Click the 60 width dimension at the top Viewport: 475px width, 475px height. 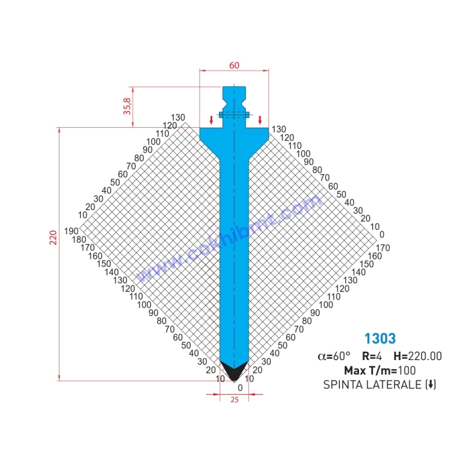234,65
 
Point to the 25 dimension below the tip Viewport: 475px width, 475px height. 234,400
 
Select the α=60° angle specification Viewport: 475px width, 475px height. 334,356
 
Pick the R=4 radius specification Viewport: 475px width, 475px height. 372,356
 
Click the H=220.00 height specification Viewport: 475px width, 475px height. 418,356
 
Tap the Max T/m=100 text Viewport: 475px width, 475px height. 379,370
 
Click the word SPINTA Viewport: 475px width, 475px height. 343,384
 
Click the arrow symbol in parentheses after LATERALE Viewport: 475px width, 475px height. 431,384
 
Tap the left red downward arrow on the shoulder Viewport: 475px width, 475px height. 211,120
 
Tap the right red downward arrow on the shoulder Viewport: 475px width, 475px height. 260,120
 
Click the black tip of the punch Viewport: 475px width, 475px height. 234,371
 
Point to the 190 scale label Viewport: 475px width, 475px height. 71,231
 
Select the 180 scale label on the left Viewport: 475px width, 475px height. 80,239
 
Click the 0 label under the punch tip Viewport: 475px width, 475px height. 240,388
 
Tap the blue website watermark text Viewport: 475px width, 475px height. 228,240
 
